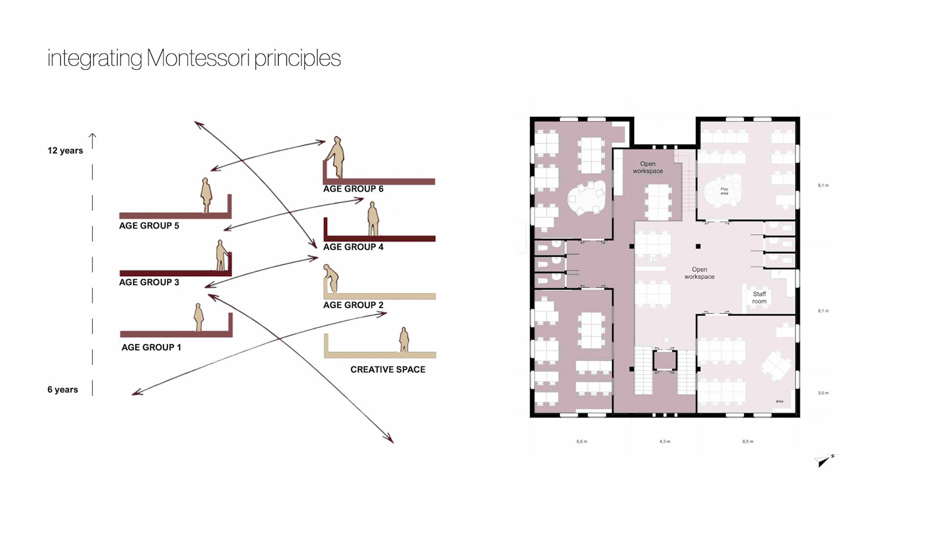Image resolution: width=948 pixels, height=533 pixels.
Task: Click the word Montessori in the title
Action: coord(197,58)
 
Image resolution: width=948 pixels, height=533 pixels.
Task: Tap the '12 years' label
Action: coord(65,151)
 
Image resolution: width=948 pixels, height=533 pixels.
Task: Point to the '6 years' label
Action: coord(63,389)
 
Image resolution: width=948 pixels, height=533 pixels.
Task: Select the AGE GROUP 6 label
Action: coord(353,189)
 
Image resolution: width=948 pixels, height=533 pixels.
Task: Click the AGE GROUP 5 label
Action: coord(149,226)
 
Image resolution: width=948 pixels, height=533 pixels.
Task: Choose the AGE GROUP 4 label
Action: coord(353,247)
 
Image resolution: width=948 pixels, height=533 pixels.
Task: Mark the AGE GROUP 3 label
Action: coord(149,282)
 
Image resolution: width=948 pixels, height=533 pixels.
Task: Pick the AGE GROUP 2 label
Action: coord(353,305)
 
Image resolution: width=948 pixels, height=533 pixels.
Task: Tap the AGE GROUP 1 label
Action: coord(151,347)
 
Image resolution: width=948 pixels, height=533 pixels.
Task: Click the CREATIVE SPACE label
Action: coord(388,370)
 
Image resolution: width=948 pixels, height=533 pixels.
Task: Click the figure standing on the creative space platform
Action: coord(404,340)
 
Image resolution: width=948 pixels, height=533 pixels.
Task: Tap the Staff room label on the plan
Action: coord(759,298)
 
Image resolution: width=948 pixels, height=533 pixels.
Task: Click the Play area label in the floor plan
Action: coord(724,191)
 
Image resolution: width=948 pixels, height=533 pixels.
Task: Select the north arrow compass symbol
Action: coord(824,460)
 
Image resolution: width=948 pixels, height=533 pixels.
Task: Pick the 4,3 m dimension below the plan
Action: coord(665,441)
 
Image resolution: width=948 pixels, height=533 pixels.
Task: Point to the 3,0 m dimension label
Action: coord(823,393)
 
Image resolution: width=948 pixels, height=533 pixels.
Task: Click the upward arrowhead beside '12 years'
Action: coord(92,135)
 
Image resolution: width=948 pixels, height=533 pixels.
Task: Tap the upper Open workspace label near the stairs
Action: coord(648,167)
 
